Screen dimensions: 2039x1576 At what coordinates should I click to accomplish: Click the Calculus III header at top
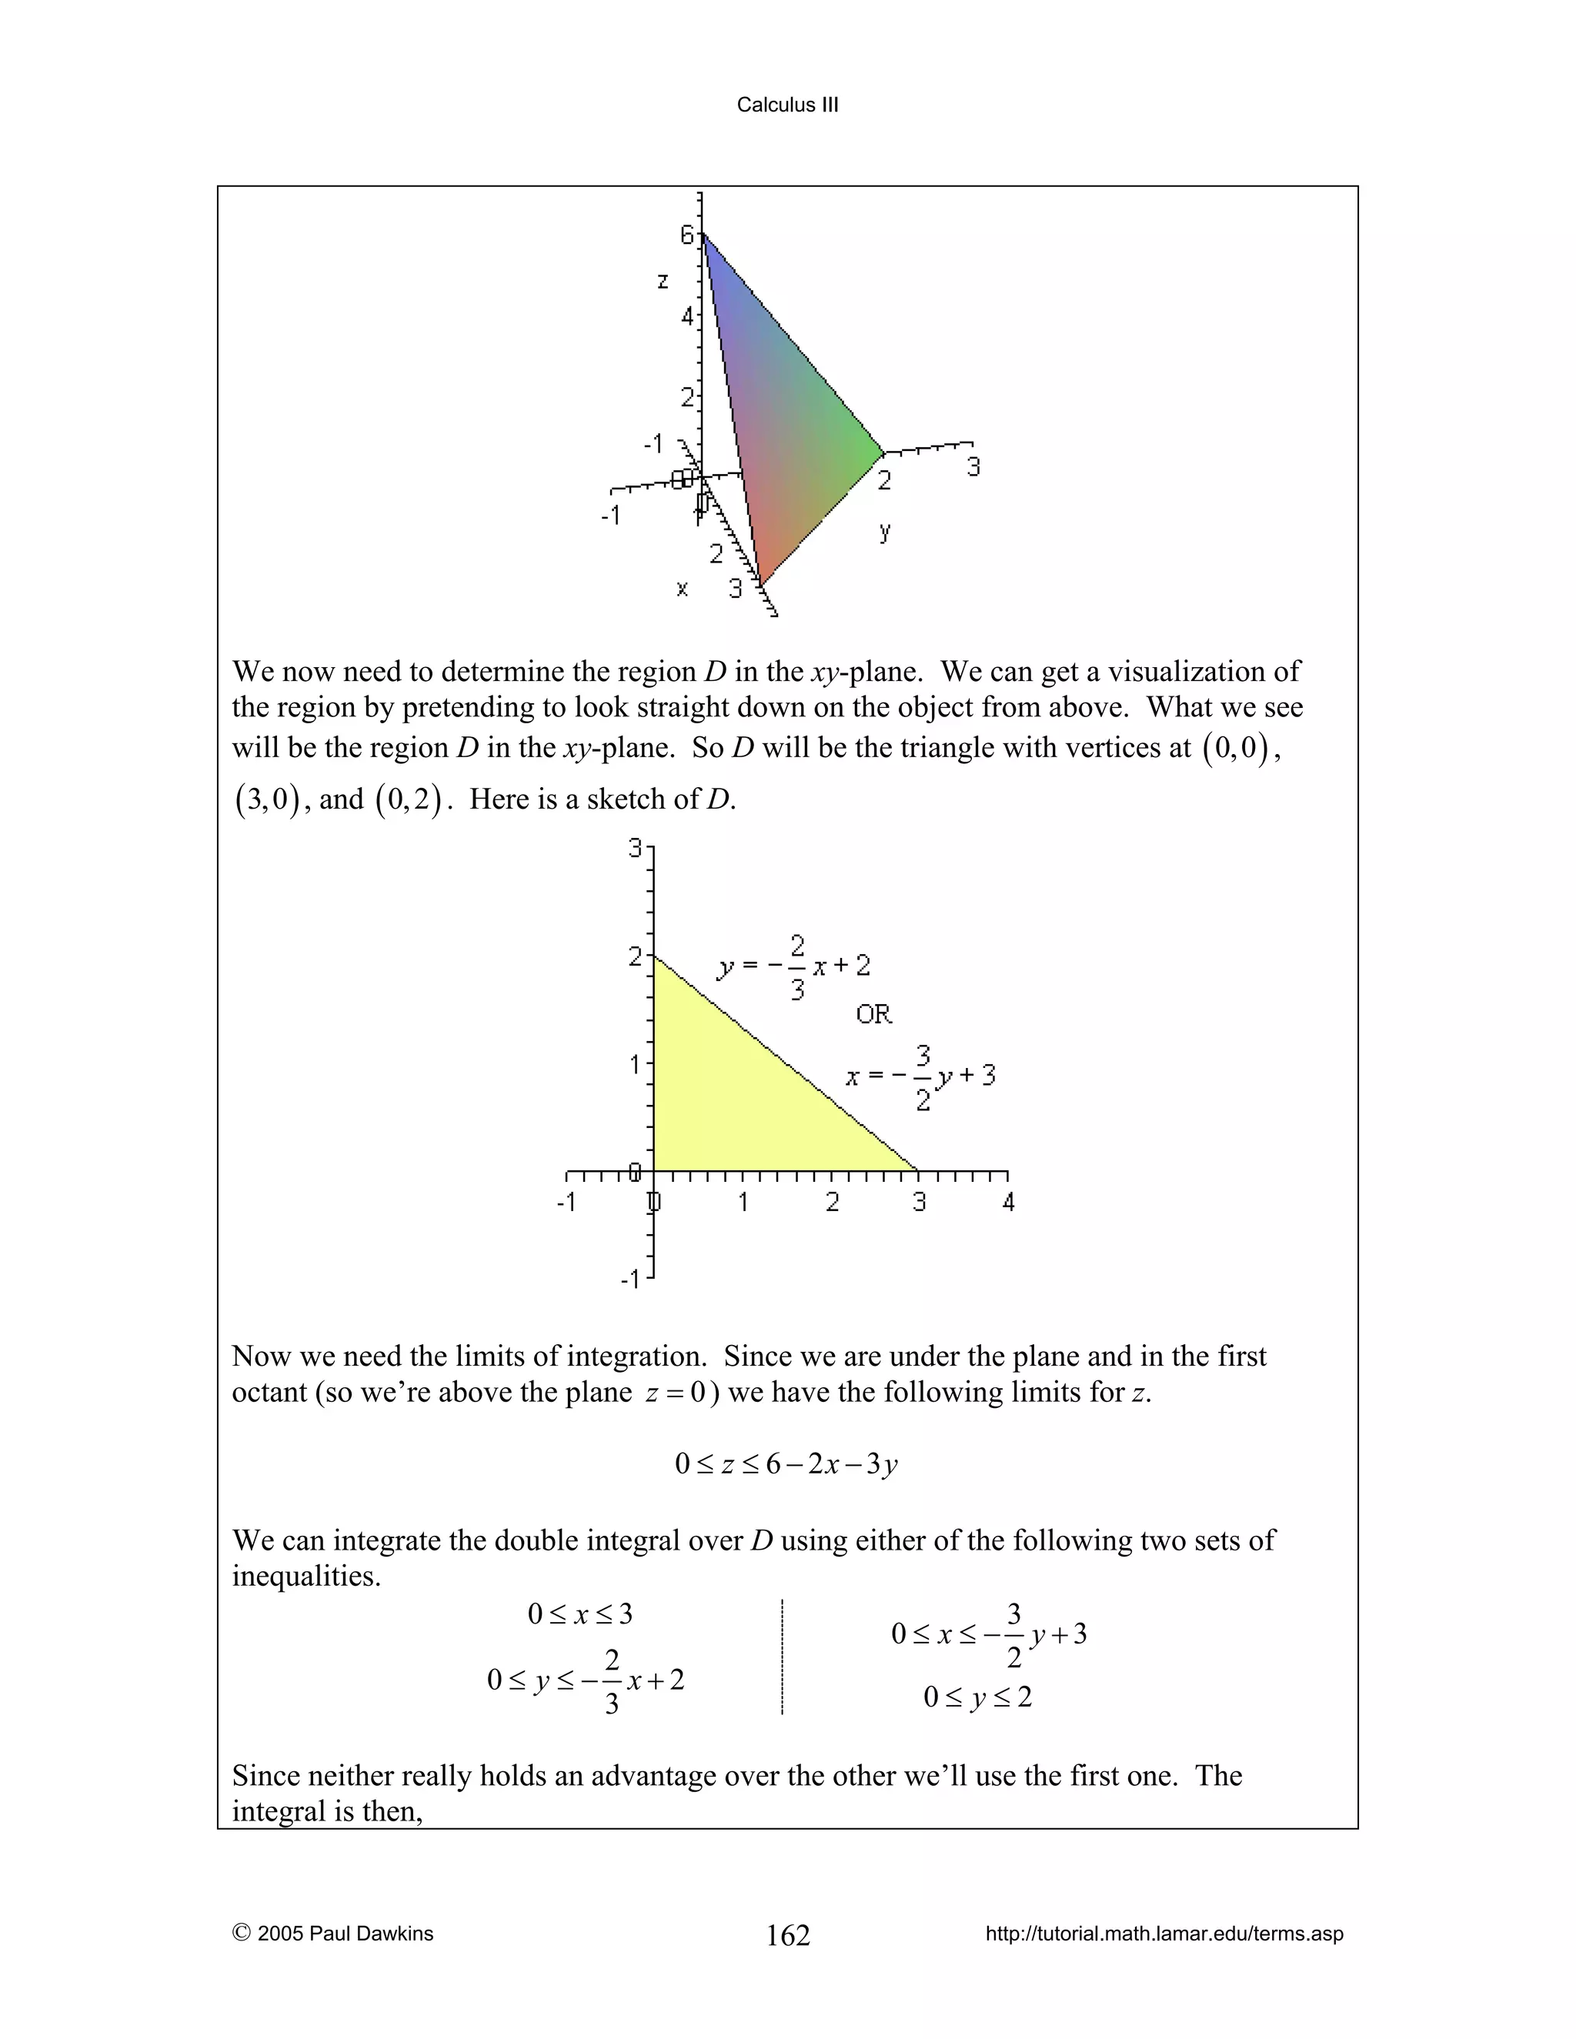point(787,105)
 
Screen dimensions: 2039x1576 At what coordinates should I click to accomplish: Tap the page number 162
point(787,1934)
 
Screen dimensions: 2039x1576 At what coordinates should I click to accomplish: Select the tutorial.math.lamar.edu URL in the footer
point(1164,1934)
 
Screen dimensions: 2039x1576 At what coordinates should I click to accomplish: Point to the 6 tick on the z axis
point(687,235)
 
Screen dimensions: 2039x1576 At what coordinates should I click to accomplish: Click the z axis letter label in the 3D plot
point(662,280)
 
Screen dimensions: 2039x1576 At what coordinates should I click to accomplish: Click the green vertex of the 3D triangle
point(880,454)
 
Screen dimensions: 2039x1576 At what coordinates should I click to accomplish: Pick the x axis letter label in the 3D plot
point(682,588)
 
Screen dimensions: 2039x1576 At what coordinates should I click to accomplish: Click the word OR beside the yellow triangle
point(874,1014)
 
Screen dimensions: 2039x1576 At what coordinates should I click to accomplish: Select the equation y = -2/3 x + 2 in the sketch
point(793,967)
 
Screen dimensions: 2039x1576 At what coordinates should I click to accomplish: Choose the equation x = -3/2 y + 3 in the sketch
point(920,1076)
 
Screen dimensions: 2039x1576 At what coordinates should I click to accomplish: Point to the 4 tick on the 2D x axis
point(1008,1202)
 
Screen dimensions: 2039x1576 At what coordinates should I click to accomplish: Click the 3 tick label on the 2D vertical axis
point(636,849)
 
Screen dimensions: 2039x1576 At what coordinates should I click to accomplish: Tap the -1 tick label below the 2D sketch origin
point(630,1278)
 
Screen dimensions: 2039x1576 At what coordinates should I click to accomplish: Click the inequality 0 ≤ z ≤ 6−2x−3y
point(786,1463)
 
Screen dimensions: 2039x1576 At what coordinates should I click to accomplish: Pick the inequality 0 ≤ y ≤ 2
point(977,1697)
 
